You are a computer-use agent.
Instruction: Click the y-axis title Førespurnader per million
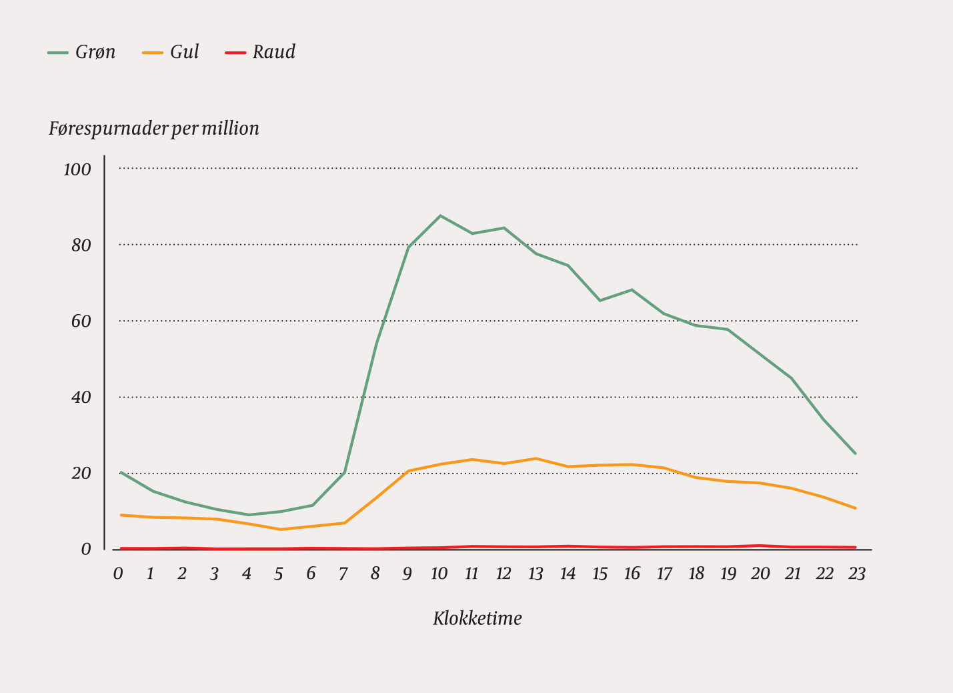[x=153, y=128]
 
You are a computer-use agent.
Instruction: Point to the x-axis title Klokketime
[x=477, y=618]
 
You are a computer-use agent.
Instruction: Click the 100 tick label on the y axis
[x=77, y=169]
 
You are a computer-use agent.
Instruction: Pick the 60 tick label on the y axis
[x=81, y=321]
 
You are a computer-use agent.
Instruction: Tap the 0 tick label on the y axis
[x=86, y=550]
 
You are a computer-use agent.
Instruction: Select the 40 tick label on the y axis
[x=81, y=398]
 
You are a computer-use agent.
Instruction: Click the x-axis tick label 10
[x=439, y=574]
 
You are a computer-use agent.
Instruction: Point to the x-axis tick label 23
[x=856, y=574]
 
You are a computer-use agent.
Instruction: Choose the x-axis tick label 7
[x=343, y=574]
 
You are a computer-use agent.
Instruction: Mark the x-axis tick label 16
[x=632, y=574]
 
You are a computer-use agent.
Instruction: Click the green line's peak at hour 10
[x=440, y=215]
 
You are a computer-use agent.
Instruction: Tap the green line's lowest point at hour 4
[x=249, y=515]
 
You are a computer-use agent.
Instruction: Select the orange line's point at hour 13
[x=536, y=458]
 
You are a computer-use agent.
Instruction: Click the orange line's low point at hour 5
[x=281, y=530]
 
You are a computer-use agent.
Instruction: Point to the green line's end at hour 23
[x=856, y=454]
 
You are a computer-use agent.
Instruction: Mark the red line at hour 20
[x=760, y=546]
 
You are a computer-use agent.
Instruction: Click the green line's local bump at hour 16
[x=632, y=289]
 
